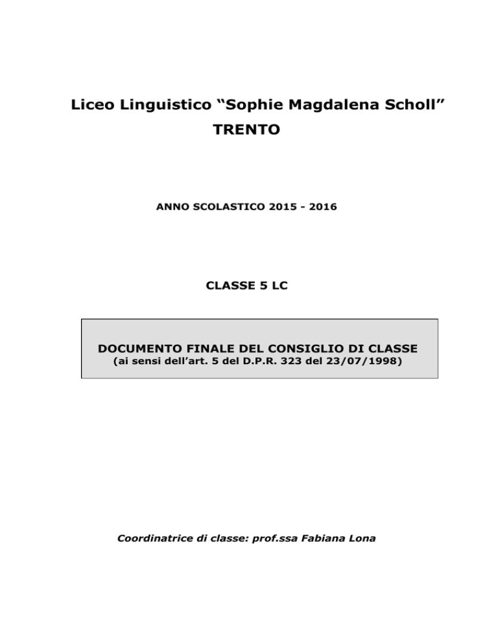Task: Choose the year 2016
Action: [323, 209]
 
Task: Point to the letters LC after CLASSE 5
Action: [278, 285]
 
